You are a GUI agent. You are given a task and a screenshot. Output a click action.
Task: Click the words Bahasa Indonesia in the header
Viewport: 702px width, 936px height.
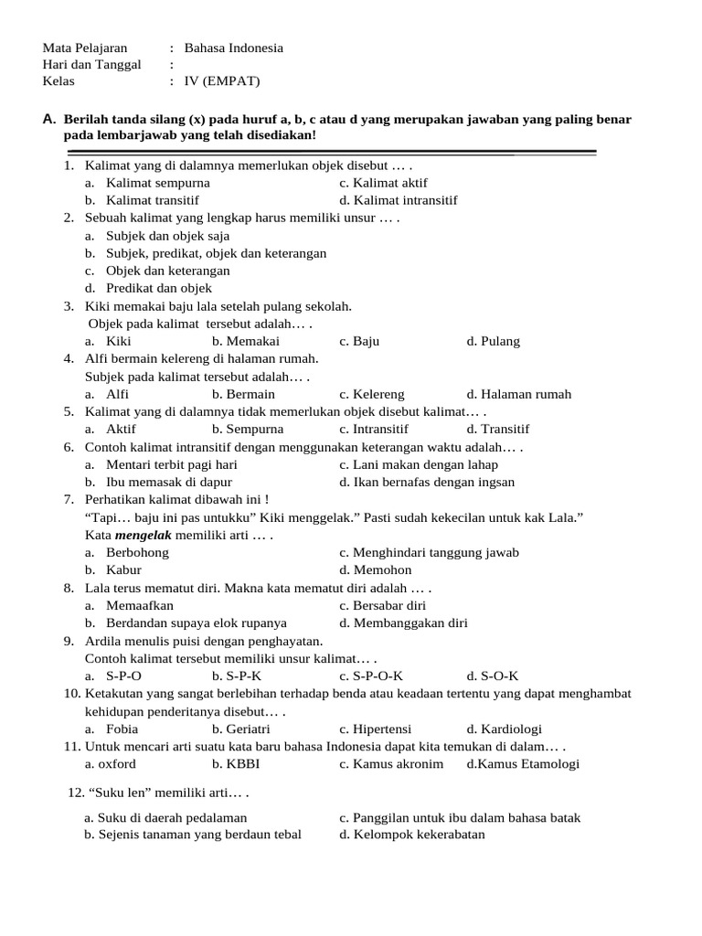click(233, 48)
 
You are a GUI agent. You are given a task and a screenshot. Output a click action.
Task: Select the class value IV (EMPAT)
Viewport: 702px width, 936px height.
click(222, 80)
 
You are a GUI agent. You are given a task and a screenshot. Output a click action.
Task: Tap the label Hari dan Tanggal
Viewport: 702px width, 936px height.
click(91, 64)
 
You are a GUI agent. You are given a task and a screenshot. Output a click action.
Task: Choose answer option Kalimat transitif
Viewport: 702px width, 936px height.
click(152, 199)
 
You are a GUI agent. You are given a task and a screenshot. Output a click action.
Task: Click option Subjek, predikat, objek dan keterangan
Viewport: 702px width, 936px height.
click(216, 252)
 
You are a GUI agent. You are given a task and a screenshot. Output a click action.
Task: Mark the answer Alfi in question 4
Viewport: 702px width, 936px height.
click(117, 394)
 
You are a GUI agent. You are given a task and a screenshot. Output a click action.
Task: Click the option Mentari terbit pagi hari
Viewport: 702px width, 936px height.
click(172, 464)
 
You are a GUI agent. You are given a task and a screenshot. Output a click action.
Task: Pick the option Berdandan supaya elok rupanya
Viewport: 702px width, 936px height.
click(196, 622)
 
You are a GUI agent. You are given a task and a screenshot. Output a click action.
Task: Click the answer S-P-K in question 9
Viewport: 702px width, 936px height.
click(237, 675)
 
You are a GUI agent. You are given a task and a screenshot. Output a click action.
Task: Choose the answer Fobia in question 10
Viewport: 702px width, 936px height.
click(122, 729)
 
